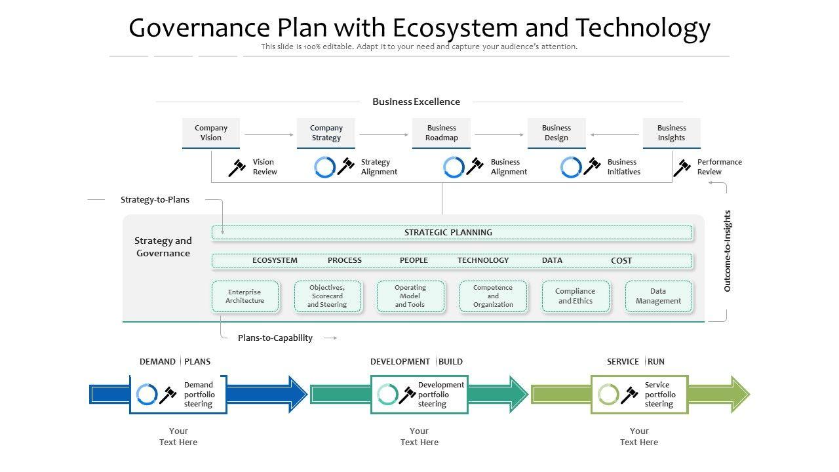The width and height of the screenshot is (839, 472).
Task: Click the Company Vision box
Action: point(211,133)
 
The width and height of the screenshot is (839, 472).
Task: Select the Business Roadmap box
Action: point(441,133)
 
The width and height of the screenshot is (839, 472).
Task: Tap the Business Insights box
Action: point(671,133)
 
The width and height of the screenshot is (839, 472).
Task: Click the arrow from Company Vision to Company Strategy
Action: point(269,135)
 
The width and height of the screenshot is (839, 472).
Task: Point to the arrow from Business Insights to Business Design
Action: point(614,135)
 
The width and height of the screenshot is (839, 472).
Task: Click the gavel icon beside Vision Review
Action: point(237,168)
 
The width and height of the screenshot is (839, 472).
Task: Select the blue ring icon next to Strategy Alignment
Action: point(324,167)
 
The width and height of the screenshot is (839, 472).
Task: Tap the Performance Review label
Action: point(719,167)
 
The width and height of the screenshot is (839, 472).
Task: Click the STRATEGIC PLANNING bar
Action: point(452,233)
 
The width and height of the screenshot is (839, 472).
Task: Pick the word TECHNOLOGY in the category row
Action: point(483,261)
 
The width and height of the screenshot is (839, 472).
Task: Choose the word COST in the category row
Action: point(621,261)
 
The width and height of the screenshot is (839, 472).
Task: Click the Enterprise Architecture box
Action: point(245,296)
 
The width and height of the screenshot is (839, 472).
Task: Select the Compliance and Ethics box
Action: point(576,296)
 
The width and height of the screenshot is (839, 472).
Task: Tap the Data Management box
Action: point(658,296)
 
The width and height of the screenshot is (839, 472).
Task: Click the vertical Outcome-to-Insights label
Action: point(728,251)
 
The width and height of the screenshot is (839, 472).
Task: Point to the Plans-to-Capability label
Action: point(275,338)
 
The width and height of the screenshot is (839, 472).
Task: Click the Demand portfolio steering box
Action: point(178,395)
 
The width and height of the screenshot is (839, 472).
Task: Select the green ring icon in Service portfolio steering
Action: point(608,395)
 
